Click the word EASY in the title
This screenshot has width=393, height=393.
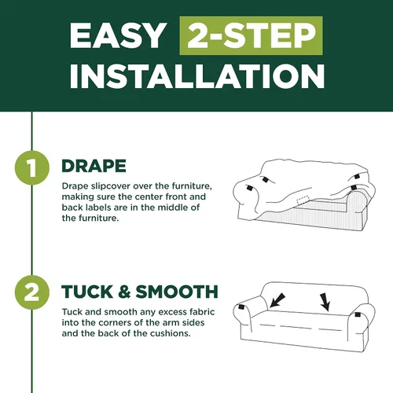pyautogui.click(x=118, y=35)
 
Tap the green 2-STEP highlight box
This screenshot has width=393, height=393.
pyautogui.click(x=251, y=35)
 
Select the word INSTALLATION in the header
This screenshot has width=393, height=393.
pyautogui.click(x=197, y=75)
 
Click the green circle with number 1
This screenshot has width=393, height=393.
pyautogui.click(x=32, y=168)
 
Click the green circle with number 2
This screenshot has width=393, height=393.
pyautogui.click(x=32, y=292)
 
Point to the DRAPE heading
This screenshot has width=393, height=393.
pyautogui.click(x=94, y=166)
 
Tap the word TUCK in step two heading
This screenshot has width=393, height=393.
pyautogui.click(x=87, y=292)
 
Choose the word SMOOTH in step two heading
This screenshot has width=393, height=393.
pyautogui.click(x=177, y=292)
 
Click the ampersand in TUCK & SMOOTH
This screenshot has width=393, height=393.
pyautogui.click(x=124, y=292)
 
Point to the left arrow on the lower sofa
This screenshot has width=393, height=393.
pyautogui.click(x=277, y=300)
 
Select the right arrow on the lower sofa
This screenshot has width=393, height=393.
pyautogui.click(x=325, y=302)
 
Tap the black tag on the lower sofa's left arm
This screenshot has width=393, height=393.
pyautogui.click(x=241, y=307)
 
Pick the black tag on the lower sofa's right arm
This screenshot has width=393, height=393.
pyautogui.click(x=358, y=314)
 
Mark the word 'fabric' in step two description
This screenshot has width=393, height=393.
pyautogui.click(x=202, y=312)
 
